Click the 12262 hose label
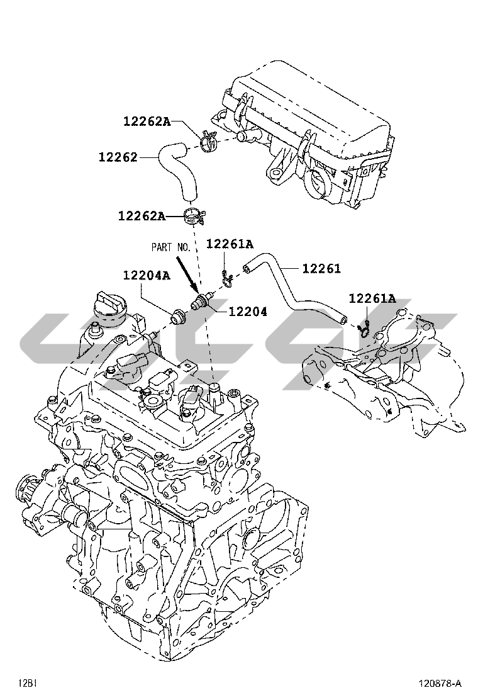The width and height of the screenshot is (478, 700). coord(118,157)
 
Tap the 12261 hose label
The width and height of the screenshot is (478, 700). coord(321,268)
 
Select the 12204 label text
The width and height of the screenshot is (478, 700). coord(248,312)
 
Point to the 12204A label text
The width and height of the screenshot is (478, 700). coord(147,276)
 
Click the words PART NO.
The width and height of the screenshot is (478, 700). coord(171,247)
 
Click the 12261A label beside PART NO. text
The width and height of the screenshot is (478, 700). coord(230,244)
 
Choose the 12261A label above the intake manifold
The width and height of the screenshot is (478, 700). coord(372,298)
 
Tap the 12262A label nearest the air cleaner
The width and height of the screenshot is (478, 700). coord(147,121)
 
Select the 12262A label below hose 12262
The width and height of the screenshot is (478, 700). coord(142,216)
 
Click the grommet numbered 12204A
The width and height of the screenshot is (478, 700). coord(179,316)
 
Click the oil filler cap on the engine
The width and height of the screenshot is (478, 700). coord(108,307)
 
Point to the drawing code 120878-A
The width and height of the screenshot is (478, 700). coord(439,684)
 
